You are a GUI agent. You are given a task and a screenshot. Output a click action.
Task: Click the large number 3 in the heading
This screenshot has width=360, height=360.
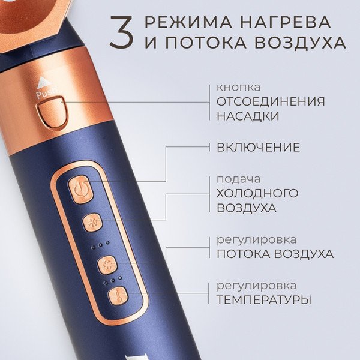tap(122, 32)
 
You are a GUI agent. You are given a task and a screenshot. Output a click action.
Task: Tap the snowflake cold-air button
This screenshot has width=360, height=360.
tap(93, 223)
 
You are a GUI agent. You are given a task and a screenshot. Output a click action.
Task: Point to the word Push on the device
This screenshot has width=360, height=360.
tap(47, 93)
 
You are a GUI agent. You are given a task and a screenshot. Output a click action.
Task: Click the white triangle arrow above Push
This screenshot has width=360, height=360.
tap(42, 82)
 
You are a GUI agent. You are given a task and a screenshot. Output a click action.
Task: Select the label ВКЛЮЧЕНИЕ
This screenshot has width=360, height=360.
tap(258, 147)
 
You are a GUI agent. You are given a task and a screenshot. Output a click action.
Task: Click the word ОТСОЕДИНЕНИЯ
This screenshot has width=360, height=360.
tap(271, 102)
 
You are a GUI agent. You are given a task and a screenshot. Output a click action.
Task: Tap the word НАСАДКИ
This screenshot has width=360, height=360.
tap(248, 116)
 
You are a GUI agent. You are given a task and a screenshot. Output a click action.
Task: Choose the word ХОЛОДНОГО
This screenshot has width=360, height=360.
tap(257, 193)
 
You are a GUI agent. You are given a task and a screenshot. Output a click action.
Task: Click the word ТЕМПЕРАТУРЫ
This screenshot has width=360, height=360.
tap(264, 300)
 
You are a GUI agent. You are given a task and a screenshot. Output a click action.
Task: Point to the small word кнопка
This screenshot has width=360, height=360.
tap(239, 87)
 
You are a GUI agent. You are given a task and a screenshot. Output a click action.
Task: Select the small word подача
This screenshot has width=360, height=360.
tap(239, 180)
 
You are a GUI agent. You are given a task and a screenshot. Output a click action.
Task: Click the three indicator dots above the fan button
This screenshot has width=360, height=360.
tap(101, 245)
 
